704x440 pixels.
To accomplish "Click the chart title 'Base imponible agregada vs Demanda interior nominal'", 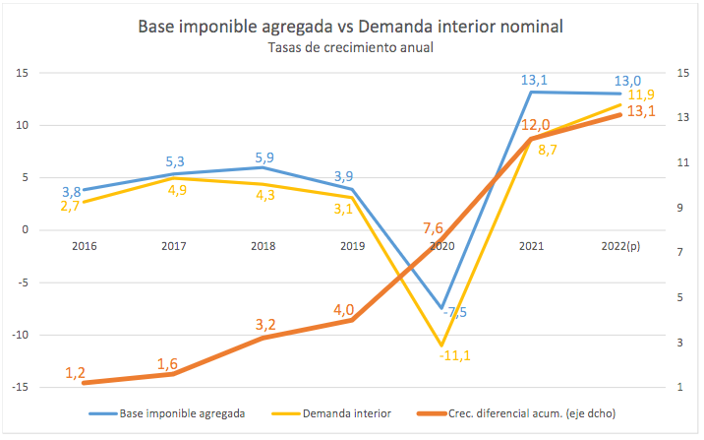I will [x=350, y=27].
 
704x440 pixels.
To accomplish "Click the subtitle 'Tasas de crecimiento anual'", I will [x=350, y=47].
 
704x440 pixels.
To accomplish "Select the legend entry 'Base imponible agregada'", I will [x=182, y=413].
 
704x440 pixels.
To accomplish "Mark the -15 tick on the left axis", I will [x=22, y=388].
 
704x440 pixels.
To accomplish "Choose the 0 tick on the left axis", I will [x=27, y=230].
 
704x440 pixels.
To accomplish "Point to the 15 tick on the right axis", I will [x=684, y=73].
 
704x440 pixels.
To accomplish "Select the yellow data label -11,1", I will [x=455, y=355].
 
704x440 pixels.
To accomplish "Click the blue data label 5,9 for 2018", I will [x=264, y=157].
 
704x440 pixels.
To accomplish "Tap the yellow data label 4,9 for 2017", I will [x=175, y=191].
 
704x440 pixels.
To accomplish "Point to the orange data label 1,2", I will [x=76, y=372].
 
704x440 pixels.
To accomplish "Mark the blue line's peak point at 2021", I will [x=531, y=93].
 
